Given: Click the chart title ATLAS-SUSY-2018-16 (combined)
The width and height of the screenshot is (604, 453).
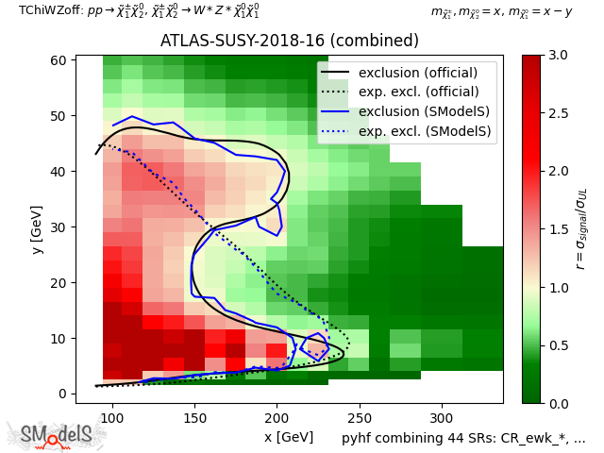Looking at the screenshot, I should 289,42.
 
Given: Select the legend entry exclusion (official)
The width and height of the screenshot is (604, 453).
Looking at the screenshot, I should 418,73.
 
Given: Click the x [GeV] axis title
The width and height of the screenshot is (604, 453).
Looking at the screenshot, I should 289,437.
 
